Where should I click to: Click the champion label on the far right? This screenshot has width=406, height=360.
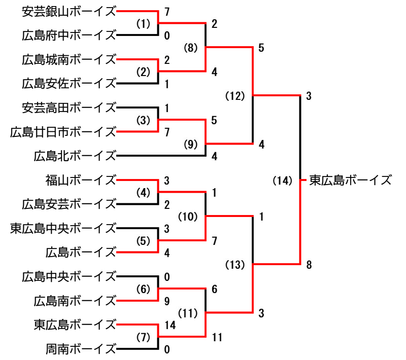click(351, 180)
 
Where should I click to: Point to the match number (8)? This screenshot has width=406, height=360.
click(191, 48)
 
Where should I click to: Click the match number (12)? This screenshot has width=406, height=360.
click(235, 95)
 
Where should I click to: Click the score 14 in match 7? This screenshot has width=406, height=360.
click(169, 325)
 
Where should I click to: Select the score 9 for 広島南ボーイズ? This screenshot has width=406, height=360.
click(166, 301)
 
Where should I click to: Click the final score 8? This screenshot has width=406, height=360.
click(309, 264)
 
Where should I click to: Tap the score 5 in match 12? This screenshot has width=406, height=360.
click(261, 48)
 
